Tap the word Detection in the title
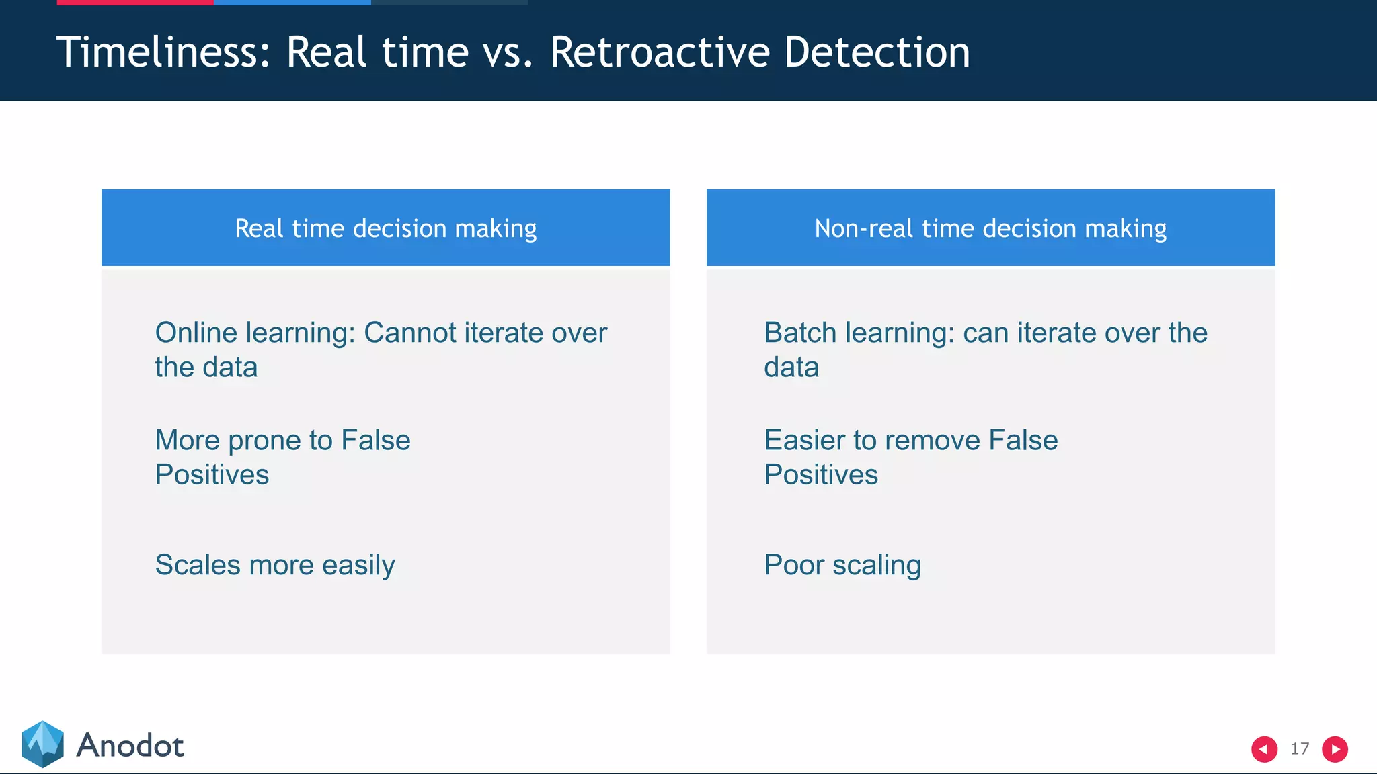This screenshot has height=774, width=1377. (x=877, y=52)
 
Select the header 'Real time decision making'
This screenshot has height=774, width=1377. (x=385, y=228)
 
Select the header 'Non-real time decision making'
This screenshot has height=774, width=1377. (x=990, y=228)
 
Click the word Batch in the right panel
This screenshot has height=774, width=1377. (x=800, y=333)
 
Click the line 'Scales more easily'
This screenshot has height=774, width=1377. (x=274, y=565)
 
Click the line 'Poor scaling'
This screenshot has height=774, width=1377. (x=842, y=565)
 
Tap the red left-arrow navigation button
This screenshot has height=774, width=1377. (x=1264, y=748)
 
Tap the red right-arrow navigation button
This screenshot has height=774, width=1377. (x=1335, y=748)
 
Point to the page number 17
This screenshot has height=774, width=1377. (x=1300, y=748)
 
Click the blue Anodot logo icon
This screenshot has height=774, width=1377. (x=42, y=744)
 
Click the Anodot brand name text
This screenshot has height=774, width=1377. (x=130, y=746)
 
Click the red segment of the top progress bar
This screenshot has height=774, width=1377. (x=134, y=3)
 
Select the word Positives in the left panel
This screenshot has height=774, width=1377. (x=212, y=475)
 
